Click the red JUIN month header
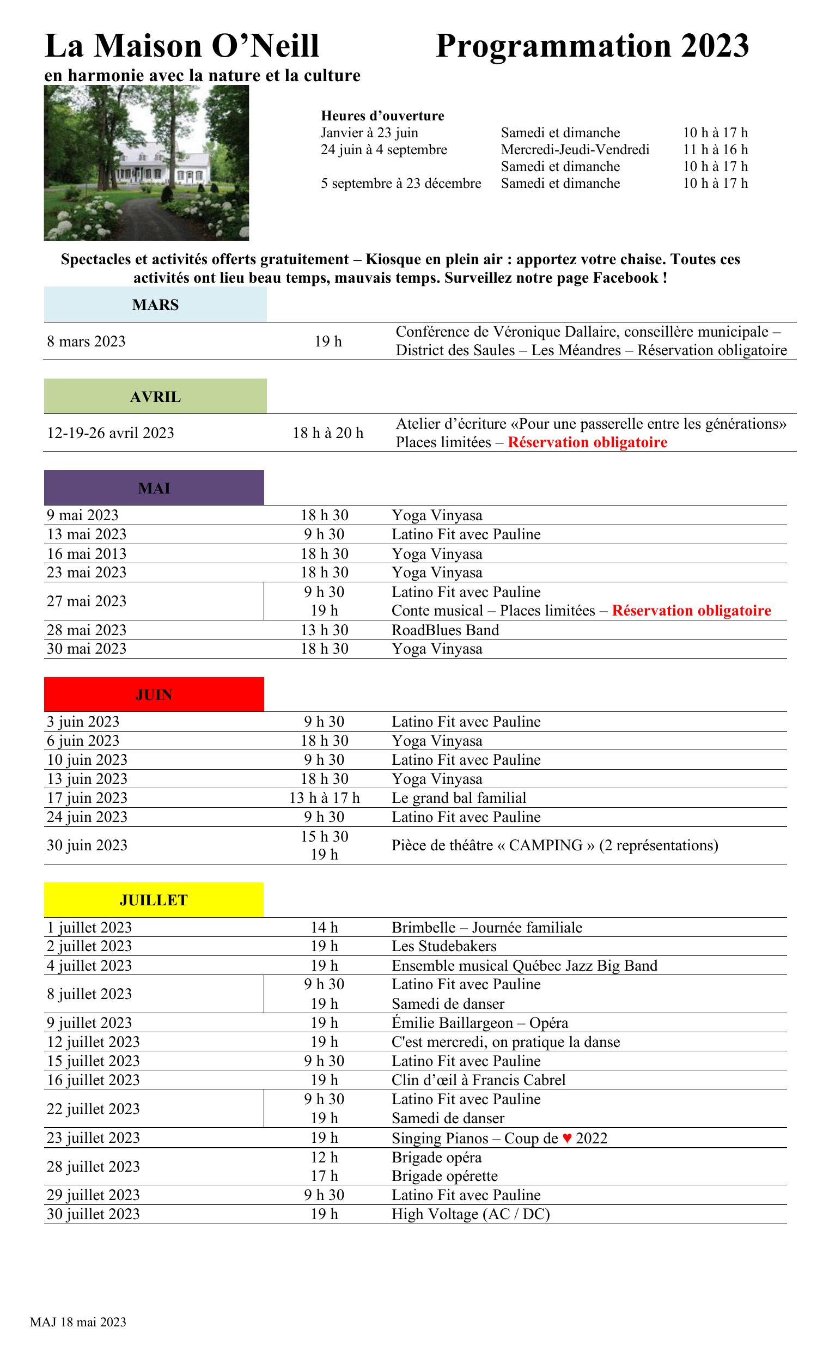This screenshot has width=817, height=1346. pyautogui.click(x=154, y=695)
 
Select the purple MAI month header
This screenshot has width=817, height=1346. pyautogui.click(x=154, y=488)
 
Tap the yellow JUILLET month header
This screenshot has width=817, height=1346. pyautogui.click(x=154, y=900)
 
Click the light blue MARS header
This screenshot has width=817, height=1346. pyautogui.click(x=155, y=304)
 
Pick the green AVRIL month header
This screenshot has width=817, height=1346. pyautogui.click(x=155, y=397)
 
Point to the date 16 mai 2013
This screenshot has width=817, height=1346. pyautogui.click(x=86, y=553)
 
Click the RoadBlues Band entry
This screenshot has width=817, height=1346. pyautogui.click(x=445, y=630)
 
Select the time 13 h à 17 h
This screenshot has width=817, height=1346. pyautogui.click(x=325, y=797)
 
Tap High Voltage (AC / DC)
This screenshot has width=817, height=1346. pyautogui.click(x=470, y=1214)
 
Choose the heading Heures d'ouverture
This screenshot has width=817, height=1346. pyautogui.click(x=382, y=116)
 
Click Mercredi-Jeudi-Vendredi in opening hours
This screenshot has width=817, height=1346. pyautogui.click(x=575, y=150)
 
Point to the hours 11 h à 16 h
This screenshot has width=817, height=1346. pyautogui.click(x=715, y=150)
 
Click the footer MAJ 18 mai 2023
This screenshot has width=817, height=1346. pyautogui.click(x=78, y=1321)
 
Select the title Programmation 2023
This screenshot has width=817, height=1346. pyautogui.click(x=592, y=46)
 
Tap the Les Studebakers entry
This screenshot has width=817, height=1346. pyautogui.click(x=444, y=946)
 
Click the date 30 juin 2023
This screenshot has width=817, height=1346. pyautogui.click(x=87, y=845)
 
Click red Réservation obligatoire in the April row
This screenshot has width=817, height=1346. pyautogui.click(x=587, y=442)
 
